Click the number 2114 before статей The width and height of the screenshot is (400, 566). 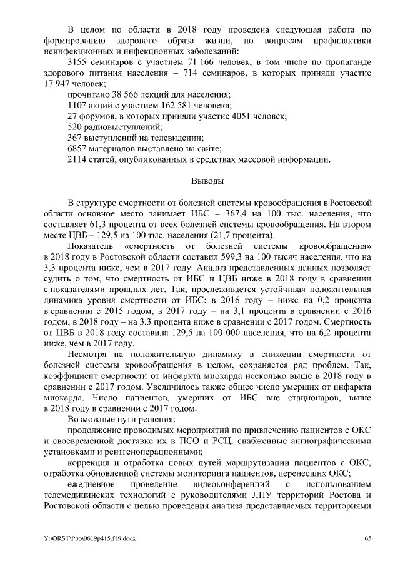pos(77,159)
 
